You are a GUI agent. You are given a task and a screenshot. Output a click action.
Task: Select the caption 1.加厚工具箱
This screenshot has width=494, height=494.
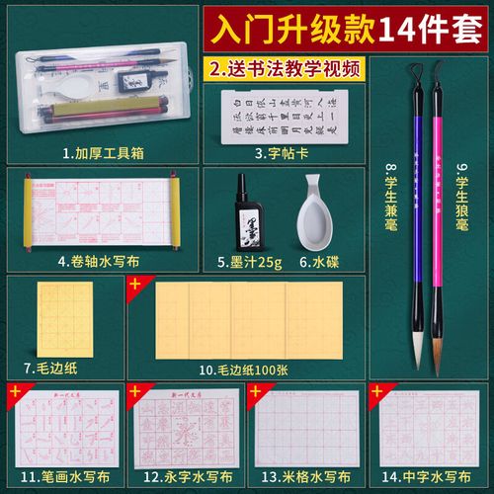(101, 153)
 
